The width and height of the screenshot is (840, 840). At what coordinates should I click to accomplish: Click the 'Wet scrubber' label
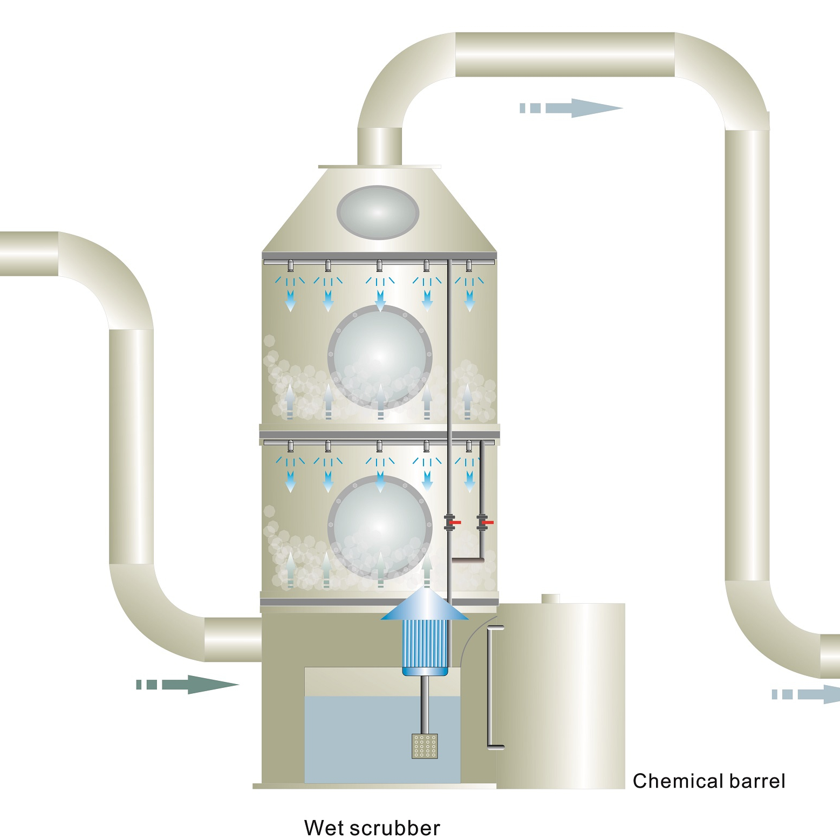click(x=372, y=828)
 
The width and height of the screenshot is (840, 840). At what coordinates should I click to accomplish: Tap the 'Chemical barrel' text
click(x=708, y=781)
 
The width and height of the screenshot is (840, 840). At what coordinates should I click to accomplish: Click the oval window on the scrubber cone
click(x=378, y=212)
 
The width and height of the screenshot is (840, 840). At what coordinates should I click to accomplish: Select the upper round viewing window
click(x=380, y=357)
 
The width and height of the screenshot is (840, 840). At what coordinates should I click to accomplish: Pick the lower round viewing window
click(x=380, y=527)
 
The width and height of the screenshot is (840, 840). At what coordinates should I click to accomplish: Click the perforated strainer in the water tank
click(x=425, y=746)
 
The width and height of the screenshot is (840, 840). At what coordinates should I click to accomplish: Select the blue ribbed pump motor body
click(x=425, y=645)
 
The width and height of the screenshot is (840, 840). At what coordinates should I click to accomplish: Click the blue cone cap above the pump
click(x=425, y=605)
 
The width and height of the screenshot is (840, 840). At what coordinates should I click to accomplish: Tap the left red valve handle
click(x=456, y=523)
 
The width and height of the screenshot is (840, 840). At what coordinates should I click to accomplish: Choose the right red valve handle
click(x=489, y=523)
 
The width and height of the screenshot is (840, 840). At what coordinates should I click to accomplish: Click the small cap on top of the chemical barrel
click(x=550, y=599)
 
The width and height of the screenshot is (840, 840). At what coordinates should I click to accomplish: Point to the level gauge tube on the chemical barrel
click(x=490, y=687)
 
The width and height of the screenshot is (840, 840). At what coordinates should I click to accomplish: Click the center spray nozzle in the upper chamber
click(x=380, y=265)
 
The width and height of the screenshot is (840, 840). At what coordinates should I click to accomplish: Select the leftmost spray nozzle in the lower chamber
click(x=290, y=446)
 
